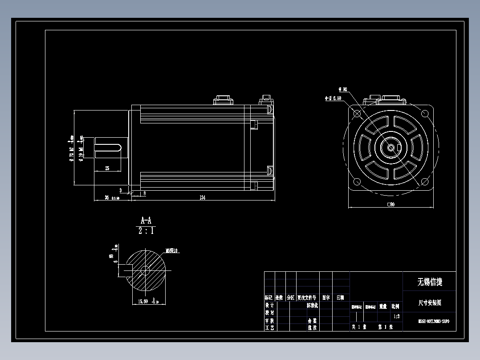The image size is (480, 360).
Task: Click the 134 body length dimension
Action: click(202, 197)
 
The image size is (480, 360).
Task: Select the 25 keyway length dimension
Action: click(107, 168)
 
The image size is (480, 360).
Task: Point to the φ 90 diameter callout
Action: click(343, 90)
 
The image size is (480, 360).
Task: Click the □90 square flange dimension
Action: click(391, 205)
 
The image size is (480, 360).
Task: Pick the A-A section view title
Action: click(146, 221)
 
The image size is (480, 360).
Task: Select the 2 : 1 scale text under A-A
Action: click(146, 231)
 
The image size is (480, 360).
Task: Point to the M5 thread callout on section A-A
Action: click(172, 251)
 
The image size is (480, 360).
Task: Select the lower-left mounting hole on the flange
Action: click(357, 181)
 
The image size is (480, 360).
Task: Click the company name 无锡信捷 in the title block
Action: click(429, 282)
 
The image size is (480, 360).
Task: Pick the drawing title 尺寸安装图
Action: click(429, 303)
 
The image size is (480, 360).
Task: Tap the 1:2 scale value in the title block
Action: click(396, 316)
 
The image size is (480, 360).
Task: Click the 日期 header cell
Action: click(340, 297)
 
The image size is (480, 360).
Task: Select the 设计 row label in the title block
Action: click(269, 306)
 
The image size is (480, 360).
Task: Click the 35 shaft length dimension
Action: click(107, 197)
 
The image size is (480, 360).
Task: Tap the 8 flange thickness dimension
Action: click(144, 193)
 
